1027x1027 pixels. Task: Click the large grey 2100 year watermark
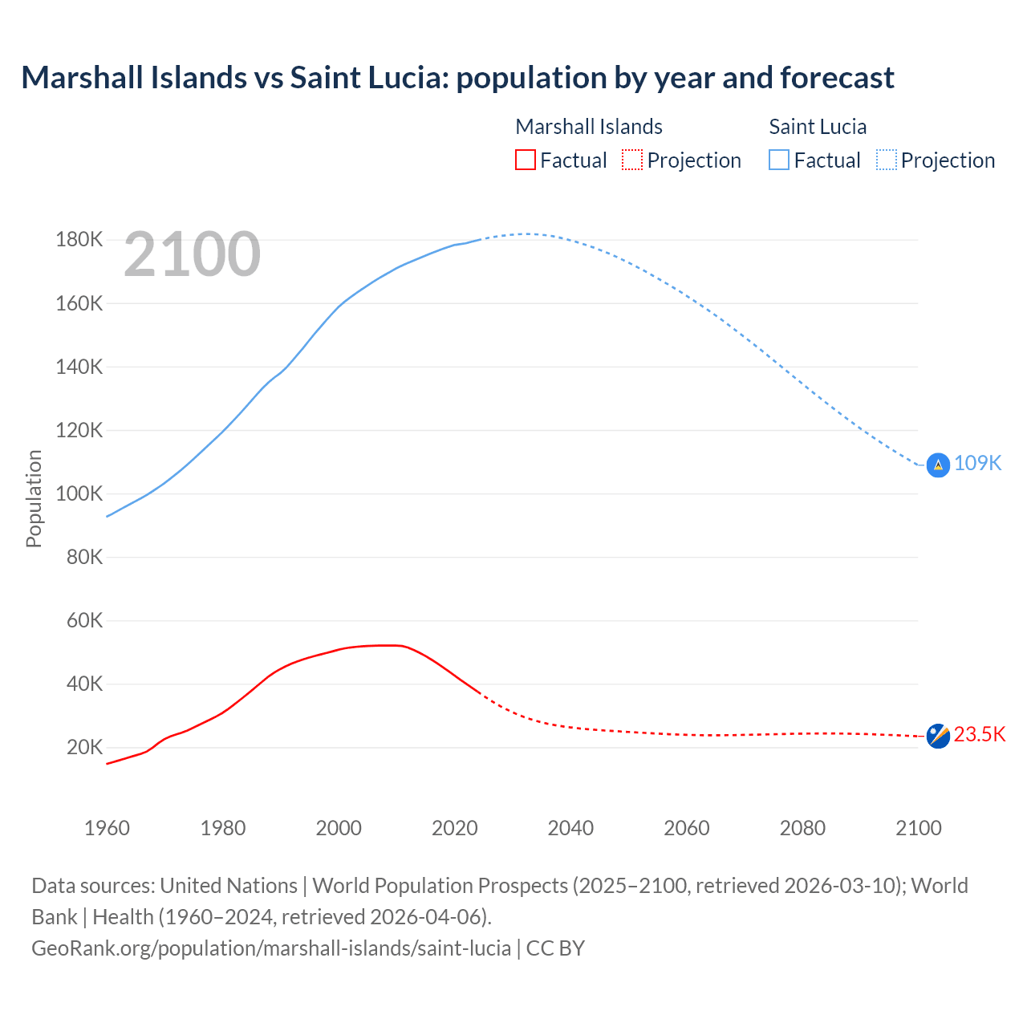tap(192, 254)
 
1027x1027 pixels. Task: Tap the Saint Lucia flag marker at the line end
tap(938, 465)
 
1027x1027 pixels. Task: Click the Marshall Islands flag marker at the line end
tap(938, 735)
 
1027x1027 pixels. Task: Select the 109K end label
tap(977, 463)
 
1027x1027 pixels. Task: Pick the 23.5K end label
tap(979, 734)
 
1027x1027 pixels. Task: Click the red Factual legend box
tap(525, 160)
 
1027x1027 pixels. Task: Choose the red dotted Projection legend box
tap(632, 160)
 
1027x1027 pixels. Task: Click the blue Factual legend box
tap(778, 160)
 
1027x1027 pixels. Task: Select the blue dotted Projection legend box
tap(886, 160)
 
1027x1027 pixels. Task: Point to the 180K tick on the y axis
tap(79, 240)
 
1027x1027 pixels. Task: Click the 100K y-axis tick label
tap(79, 493)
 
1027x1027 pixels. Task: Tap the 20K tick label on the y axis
tap(84, 748)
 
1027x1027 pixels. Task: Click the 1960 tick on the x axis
tap(107, 828)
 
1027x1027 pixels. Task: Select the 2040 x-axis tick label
tap(570, 828)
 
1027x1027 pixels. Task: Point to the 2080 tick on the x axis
tap(802, 828)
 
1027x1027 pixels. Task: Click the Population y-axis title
tap(34, 498)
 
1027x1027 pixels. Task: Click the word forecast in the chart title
tap(836, 78)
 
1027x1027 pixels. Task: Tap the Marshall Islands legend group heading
tap(588, 127)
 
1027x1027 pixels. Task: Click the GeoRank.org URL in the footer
tap(271, 948)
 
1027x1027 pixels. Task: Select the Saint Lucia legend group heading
tap(818, 127)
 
